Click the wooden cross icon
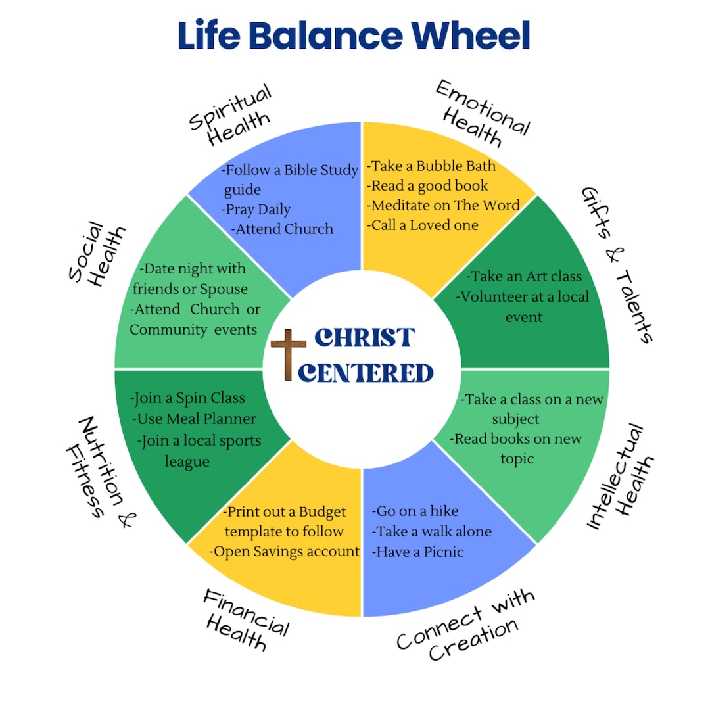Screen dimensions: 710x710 (x=288, y=355)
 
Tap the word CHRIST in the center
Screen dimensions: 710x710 (x=364, y=337)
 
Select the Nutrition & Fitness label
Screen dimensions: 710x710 (x=99, y=467)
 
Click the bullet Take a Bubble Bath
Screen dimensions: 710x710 (x=431, y=166)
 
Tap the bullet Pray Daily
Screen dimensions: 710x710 (x=256, y=210)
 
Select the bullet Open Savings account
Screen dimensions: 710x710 (x=284, y=552)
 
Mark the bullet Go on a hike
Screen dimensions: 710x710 (x=415, y=511)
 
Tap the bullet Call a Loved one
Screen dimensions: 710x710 (x=422, y=225)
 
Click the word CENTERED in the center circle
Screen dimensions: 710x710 (x=366, y=373)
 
